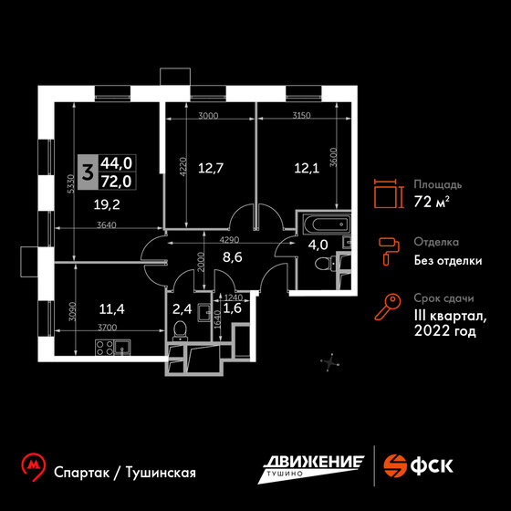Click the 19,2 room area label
[x=107, y=205]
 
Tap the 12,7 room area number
[x=211, y=168]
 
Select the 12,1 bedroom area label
[x=307, y=168]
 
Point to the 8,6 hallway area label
[x=233, y=257]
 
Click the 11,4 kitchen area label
[x=111, y=309]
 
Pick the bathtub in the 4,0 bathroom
[x=326, y=224]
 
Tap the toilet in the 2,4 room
[x=180, y=330]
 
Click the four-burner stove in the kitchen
[x=105, y=347]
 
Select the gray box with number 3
[x=87, y=172]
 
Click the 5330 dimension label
[x=71, y=183]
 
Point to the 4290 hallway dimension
[x=229, y=240]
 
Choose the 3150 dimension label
[x=301, y=115]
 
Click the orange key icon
[x=387, y=307]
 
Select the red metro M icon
[x=33, y=466]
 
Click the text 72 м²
[x=432, y=202]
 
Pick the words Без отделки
[x=448, y=261]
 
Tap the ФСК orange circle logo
[x=395, y=465]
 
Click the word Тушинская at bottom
[x=161, y=473]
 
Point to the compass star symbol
[x=330, y=362]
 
